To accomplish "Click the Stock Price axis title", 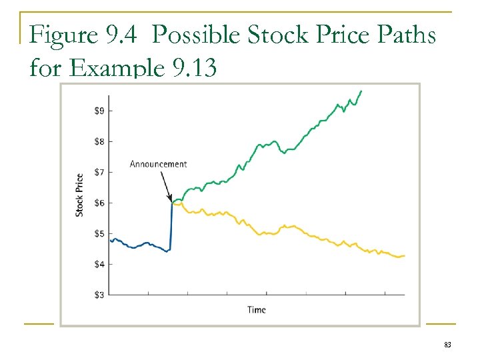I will coord(79,195).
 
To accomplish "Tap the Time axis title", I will coord(257,309).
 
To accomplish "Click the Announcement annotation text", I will coord(158,164).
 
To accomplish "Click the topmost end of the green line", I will coord(361,91).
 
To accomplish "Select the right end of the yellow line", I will coord(404,256).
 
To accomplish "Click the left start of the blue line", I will coord(111,240).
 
